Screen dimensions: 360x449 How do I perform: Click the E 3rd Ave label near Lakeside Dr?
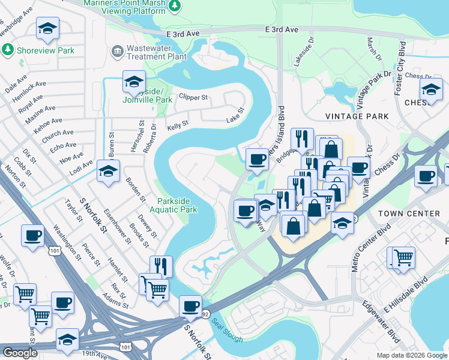282,29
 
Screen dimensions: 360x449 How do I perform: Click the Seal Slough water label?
227,331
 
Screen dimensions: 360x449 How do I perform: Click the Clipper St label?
193,97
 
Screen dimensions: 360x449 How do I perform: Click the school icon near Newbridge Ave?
47,28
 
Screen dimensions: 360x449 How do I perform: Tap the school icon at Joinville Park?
134,80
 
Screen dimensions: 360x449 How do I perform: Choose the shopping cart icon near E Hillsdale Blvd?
403,257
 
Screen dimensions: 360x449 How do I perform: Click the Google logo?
19,353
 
